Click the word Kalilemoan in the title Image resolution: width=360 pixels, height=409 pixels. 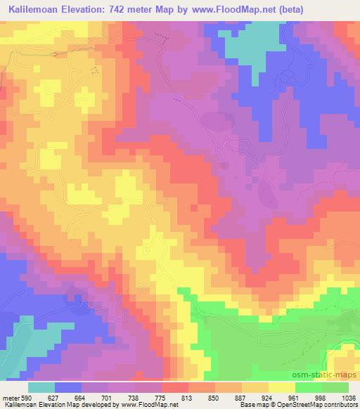click(33, 9)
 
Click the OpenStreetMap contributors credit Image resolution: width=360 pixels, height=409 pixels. click(321, 405)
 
